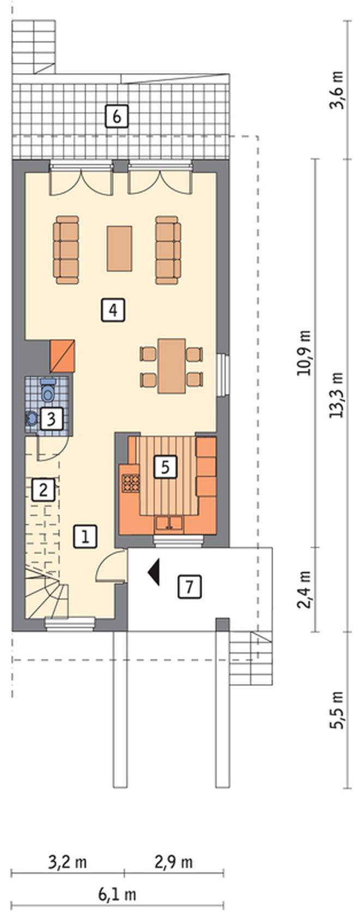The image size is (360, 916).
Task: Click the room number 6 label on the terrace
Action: pos(117,117)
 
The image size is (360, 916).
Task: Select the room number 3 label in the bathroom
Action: pos(51,419)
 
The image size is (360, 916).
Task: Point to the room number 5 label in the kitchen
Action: pos(165,467)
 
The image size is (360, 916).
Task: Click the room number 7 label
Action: pos(190,587)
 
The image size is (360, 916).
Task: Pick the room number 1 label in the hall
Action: pos(85,536)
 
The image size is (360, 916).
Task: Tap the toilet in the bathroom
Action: pos(48,391)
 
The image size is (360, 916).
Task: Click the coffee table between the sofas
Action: pos(119,248)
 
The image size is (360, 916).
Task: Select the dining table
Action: pos(172,366)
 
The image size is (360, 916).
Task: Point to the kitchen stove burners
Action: pos(130,482)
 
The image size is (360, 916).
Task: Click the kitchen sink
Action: pos(169,524)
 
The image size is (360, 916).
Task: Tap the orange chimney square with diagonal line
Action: pos(62,356)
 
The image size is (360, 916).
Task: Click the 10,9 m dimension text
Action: pos(304,352)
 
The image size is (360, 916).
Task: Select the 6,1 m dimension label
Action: pos(117,894)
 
